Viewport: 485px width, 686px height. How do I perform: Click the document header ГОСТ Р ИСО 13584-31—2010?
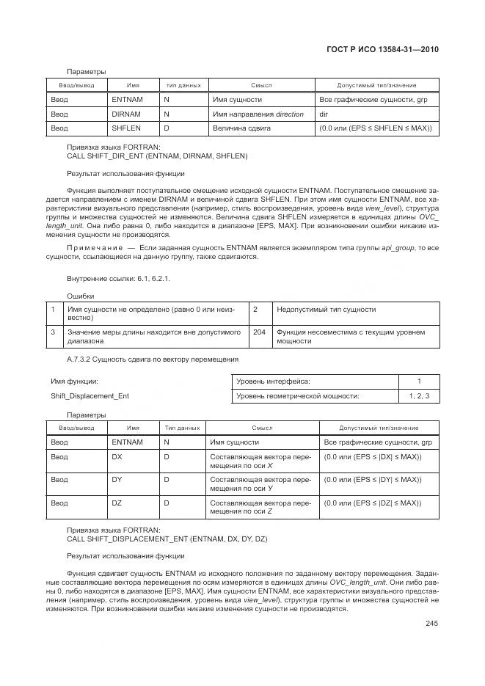[x=387, y=50]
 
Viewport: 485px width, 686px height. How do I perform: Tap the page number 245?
[x=431, y=624]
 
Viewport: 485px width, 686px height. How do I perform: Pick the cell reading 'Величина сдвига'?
[x=241, y=128]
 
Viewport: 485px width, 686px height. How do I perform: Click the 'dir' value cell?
[x=324, y=114]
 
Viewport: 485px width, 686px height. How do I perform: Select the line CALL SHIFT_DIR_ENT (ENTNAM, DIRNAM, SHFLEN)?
[x=157, y=156]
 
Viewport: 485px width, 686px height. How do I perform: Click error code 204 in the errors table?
[x=259, y=332]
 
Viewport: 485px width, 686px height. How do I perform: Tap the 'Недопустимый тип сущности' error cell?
[x=326, y=310]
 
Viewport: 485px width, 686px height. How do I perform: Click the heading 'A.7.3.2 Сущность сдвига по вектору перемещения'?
[x=152, y=359]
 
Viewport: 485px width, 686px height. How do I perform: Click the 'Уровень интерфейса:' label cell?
[x=273, y=382]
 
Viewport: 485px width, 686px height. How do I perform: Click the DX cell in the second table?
[x=117, y=456]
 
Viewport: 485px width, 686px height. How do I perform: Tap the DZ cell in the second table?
[x=117, y=503]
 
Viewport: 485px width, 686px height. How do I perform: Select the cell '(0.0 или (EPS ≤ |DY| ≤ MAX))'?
[x=372, y=480]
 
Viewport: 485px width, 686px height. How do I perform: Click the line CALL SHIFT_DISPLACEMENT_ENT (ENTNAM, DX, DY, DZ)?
[x=167, y=539]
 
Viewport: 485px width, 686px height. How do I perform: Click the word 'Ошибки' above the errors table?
[x=81, y=296]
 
